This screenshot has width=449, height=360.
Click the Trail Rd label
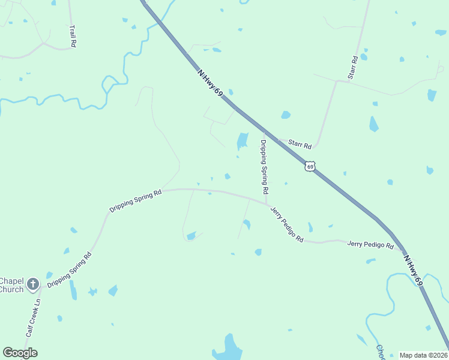(73, 36)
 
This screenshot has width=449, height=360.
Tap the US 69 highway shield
(309, 166)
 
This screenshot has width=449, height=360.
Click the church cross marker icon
(32, 284)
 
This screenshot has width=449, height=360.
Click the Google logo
(20, 353)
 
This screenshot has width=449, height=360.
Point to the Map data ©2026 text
(423, 355)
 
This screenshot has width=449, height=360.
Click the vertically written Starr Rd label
(352, 68)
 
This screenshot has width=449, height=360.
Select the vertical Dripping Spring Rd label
(264, 166)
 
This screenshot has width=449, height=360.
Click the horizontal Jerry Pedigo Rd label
(370, 245)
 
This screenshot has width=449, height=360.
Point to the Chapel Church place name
(11, 285)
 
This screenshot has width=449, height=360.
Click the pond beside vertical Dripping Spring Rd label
(243, 141)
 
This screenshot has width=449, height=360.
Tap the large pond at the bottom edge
(228, 347)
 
